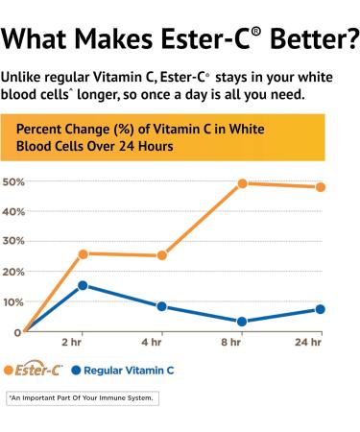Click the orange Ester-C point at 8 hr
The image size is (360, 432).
coord(243,183)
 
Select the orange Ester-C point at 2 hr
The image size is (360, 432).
coord(84,253)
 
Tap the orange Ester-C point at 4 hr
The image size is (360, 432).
coord(162,255)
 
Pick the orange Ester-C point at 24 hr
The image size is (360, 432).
coord(321,186)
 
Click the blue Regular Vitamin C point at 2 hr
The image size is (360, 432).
coord(84,285)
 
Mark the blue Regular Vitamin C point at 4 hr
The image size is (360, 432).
coord(162,306)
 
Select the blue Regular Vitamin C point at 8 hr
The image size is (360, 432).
coord(243,322)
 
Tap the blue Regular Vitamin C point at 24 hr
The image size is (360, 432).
coord(321,309)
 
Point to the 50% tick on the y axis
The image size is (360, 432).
coord(13,181)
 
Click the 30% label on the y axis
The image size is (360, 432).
coord(13,242)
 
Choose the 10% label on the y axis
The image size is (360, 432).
coord(13,302)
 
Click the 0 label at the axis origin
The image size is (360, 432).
coord(17,332)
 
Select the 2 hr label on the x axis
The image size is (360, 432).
coord(71,342)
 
